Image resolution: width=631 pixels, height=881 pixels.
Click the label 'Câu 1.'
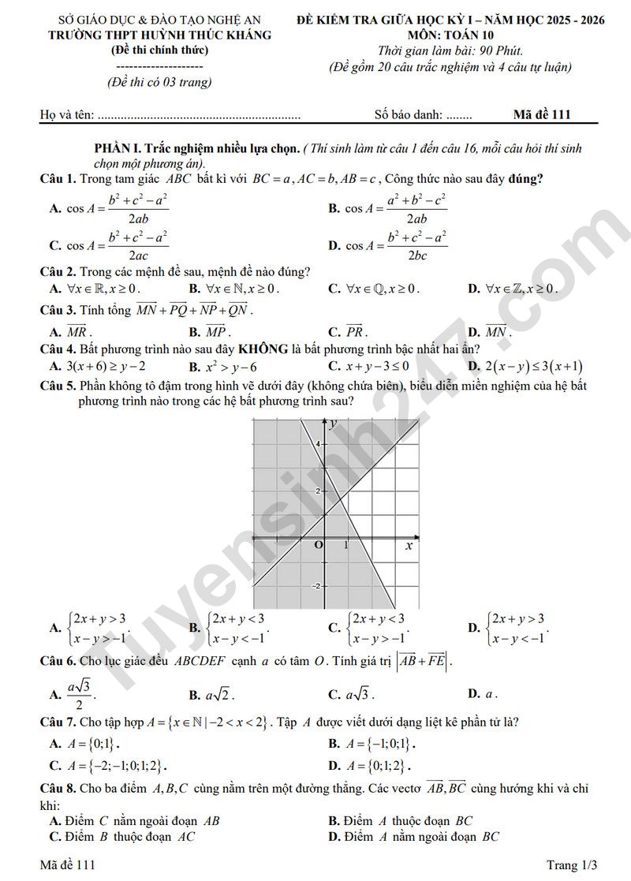(58, 178)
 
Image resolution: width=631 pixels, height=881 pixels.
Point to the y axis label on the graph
(333, 424)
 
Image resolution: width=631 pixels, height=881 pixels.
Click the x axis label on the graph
(409, 545)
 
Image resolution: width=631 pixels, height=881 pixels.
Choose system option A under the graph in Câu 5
(90, 628)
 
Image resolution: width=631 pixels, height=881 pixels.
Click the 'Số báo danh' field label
(409, 115)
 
